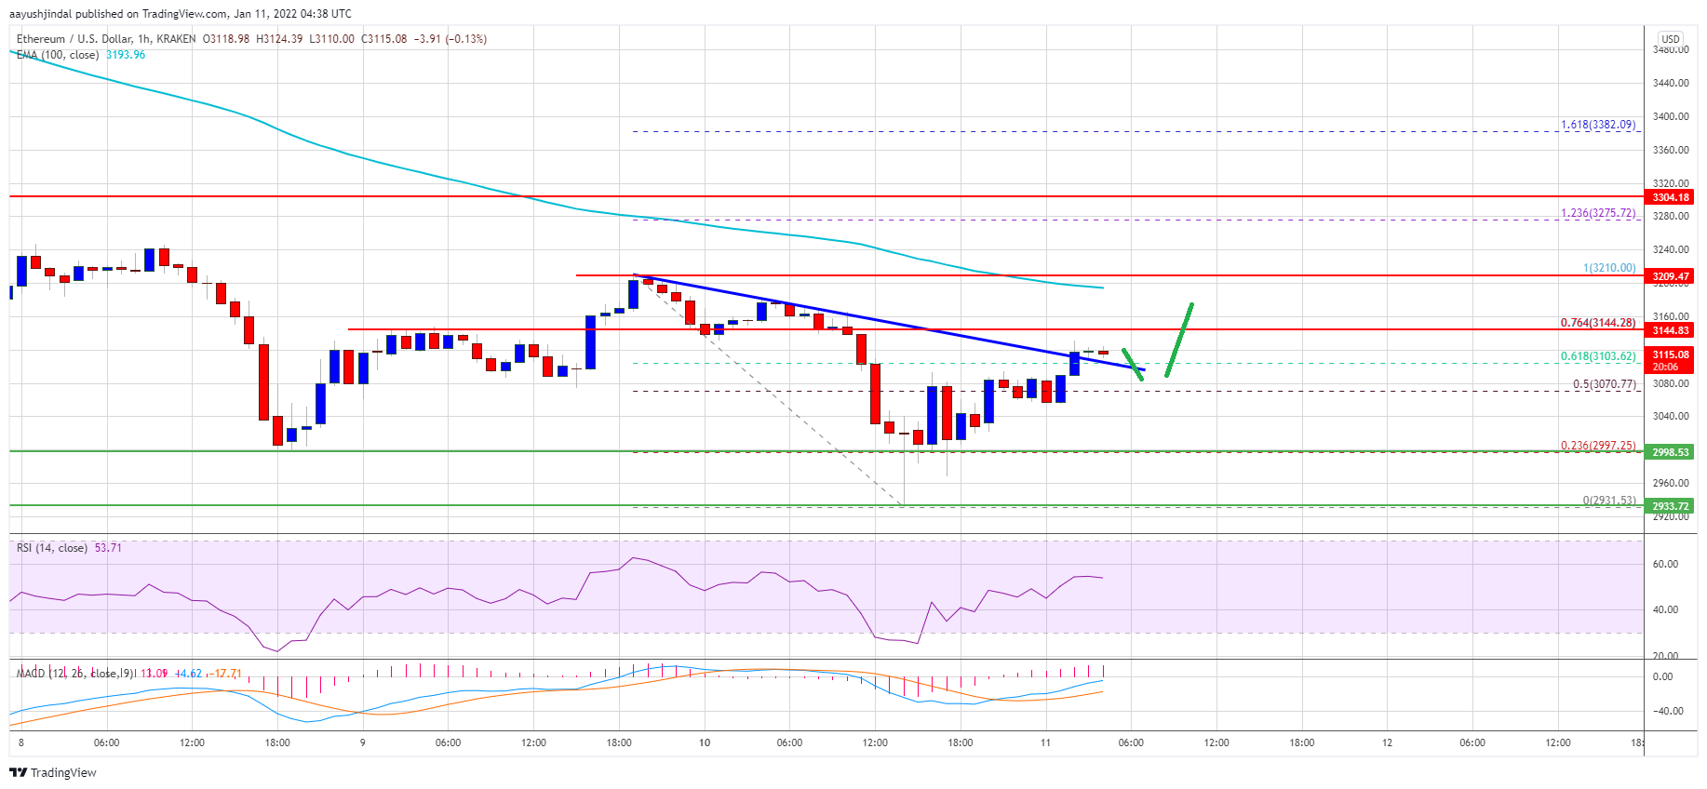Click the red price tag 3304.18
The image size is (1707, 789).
(x=1670, y=197)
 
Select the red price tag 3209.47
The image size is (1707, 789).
(x=1670, y=276)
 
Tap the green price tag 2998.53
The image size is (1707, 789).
(x=1670, y=452)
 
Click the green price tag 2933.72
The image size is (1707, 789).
(x=1670, y=506)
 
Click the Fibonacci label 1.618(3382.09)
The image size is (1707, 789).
(x=1597, y=125)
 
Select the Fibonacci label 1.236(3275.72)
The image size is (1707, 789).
(x=1597, y=213)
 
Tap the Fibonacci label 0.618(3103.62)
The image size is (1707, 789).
(x=1597, y=356)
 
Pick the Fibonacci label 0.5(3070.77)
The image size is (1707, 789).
(x=1604, y=384)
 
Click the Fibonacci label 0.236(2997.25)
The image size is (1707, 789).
(x=1597, y=446)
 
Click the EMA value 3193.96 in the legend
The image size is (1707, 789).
(x=126, y=55)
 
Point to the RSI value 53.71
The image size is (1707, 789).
(x=108, y=548)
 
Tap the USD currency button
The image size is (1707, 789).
(x=1671, y=39)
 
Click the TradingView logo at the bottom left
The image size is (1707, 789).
(x=53, y=772)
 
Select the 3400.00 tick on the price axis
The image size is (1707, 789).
(x=1670, y=117)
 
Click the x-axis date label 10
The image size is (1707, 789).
(x=705, y=742)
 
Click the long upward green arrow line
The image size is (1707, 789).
(x=1178, y=341)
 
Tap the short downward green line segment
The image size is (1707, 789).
(x=1133, y=365)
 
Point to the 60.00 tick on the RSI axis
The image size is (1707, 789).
(x=1665, y=565)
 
